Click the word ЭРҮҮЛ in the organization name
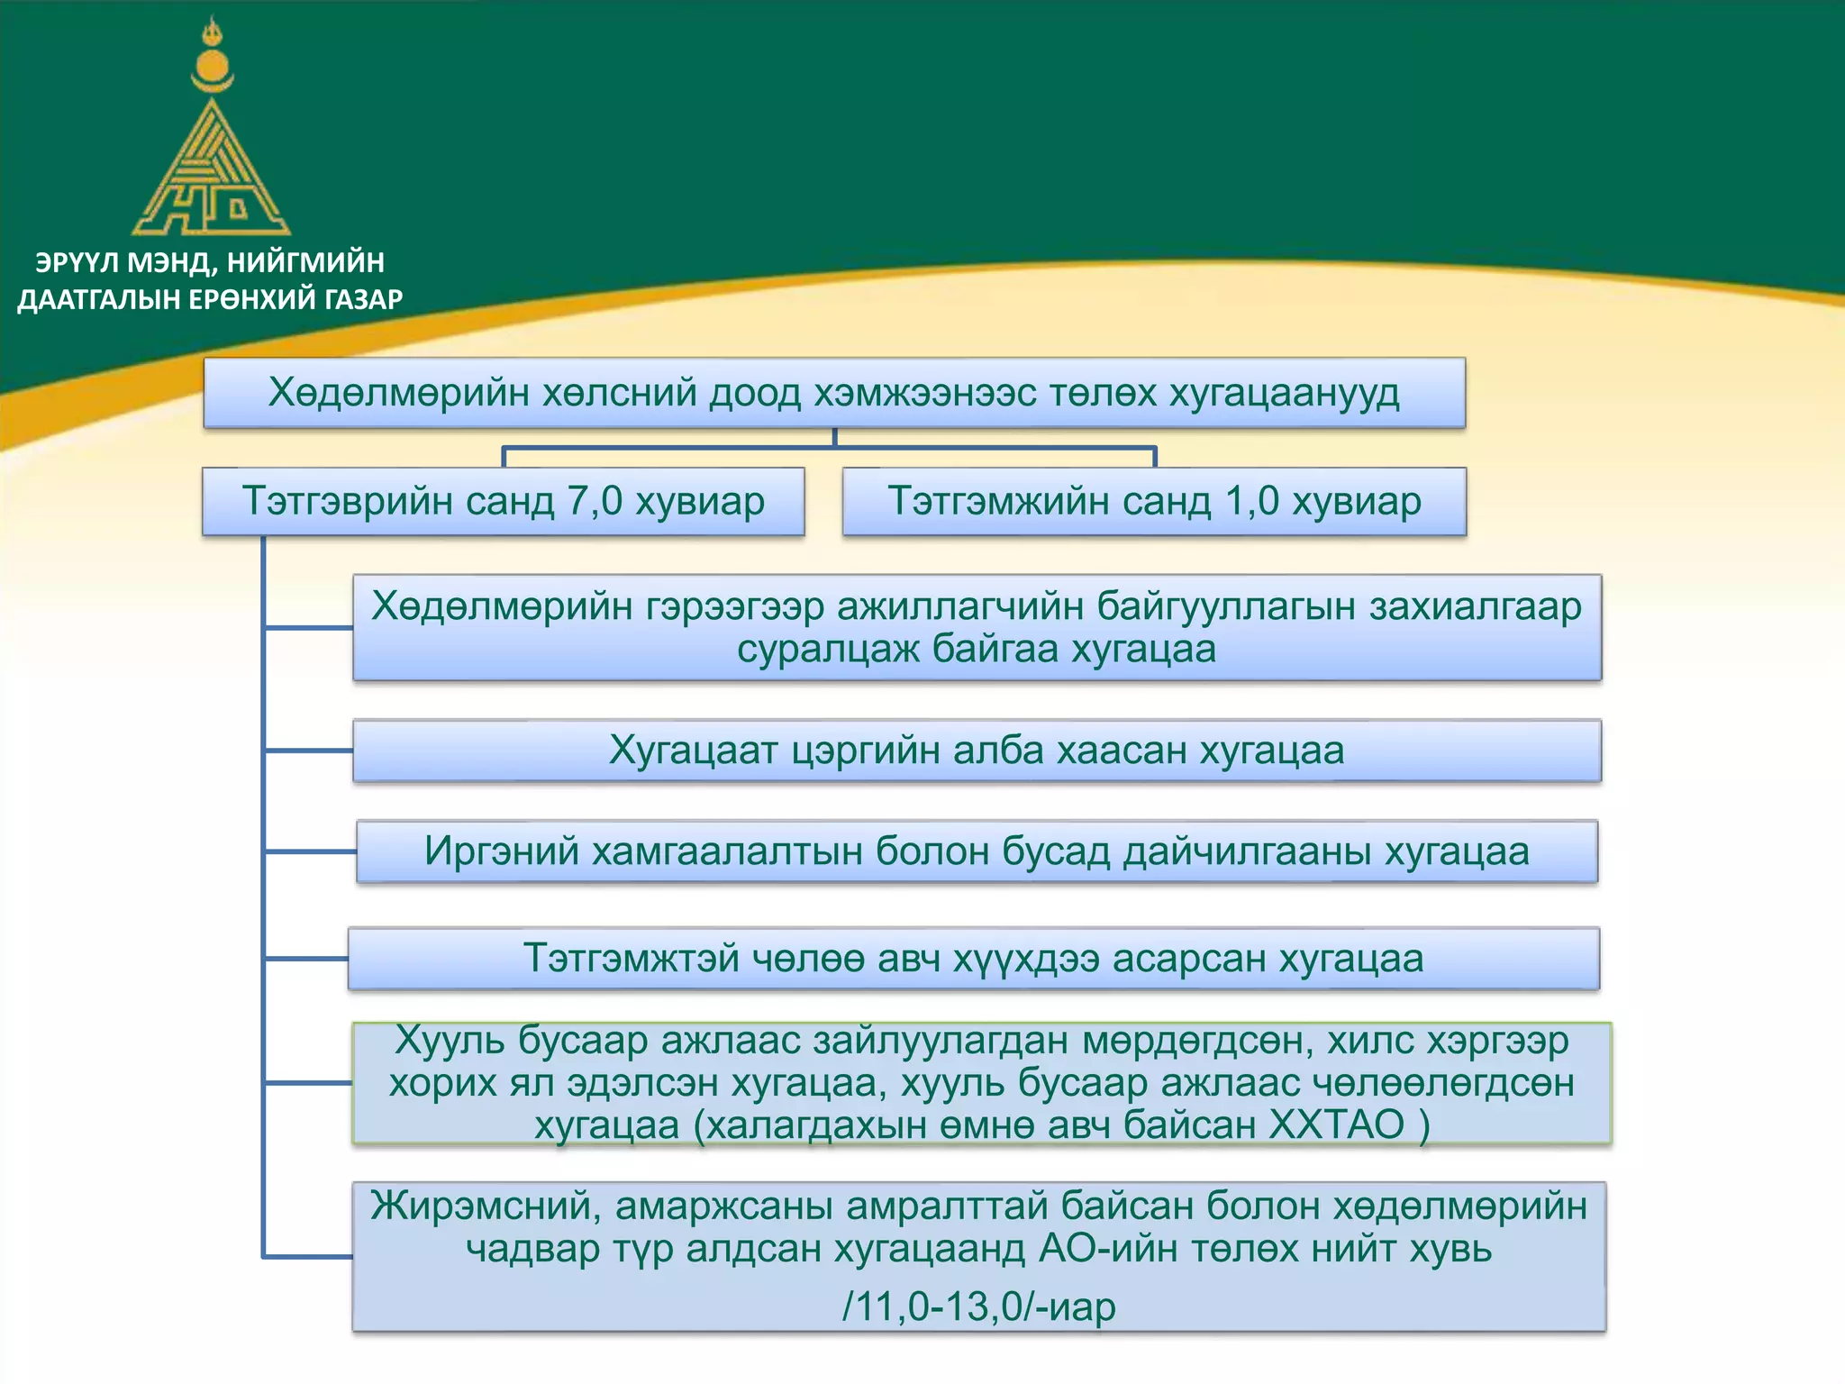point(77,262)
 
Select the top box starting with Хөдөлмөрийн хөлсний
point(833,393)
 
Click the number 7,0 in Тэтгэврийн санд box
point(595,501)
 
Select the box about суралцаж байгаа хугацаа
point(977,627)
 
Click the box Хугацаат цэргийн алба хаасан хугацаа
point(977,751)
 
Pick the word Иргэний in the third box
point(501,851)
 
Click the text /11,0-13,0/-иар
point(978,1306)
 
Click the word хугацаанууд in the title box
point(1284,393)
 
